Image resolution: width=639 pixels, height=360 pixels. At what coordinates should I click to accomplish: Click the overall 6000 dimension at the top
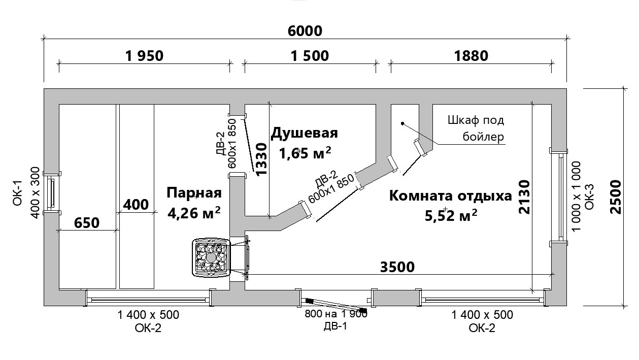305,31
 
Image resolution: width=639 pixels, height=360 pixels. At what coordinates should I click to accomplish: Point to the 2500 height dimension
616,197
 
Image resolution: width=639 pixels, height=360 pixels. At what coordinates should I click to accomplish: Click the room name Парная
194,193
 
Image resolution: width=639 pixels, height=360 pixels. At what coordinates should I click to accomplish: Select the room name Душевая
304,134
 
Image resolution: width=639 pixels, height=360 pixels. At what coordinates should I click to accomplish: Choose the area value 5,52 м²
451,216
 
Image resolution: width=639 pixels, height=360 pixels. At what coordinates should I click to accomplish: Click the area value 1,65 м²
306,152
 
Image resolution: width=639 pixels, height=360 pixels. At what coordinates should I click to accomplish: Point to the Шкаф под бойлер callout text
477,129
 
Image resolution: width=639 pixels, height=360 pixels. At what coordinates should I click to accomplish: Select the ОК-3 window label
589,197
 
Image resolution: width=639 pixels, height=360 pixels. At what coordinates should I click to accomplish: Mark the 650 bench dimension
86,222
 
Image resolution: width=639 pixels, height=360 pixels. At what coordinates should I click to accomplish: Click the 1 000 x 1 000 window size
576,197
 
